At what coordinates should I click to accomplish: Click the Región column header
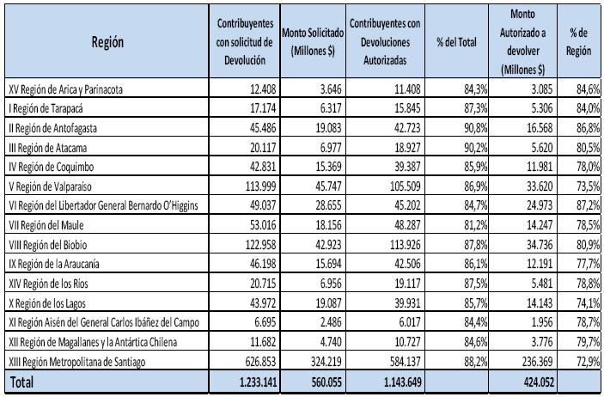107,42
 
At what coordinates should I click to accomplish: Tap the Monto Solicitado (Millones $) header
313,41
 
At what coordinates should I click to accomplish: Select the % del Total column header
456,42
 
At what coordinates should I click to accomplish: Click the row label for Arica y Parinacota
66,90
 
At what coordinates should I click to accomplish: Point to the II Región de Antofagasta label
52,128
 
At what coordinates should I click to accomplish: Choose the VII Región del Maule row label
46,225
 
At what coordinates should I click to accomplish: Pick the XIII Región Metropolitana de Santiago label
77,362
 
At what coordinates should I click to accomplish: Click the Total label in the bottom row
21,382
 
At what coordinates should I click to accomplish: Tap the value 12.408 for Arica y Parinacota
263,89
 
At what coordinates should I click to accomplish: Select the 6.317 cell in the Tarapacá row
331,108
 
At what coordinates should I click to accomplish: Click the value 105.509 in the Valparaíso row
405,186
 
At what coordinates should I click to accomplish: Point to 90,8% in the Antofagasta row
476,128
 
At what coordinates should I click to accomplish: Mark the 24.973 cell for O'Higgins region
540,205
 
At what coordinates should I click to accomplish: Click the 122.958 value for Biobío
261,245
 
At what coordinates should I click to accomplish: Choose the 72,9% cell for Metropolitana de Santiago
589,362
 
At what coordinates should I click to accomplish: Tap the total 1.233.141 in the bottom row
258,382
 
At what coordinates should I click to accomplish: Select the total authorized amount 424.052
539,382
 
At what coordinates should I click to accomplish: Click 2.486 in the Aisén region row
331,322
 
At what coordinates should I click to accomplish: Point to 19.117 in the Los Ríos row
407,284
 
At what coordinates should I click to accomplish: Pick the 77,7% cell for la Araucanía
589,264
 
